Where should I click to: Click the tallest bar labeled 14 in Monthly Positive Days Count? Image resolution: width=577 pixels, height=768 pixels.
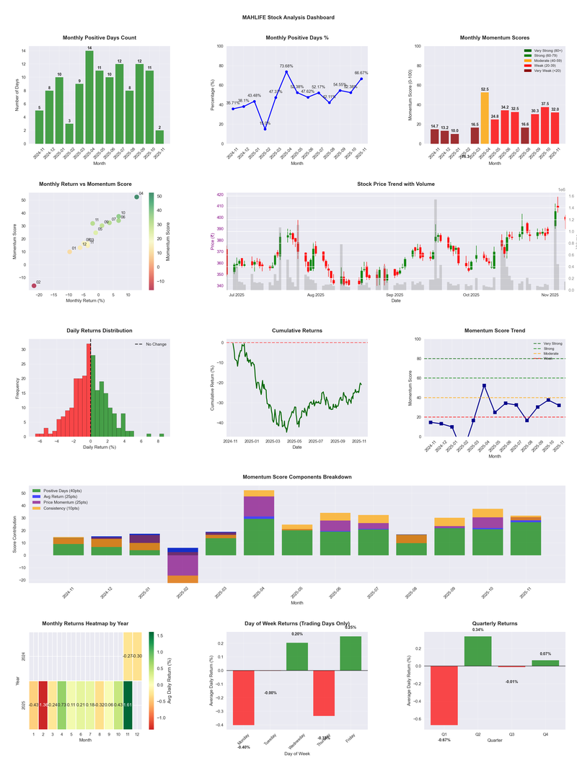[x=89, y=97]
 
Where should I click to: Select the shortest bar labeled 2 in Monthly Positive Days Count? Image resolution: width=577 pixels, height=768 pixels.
[x=159, y=137]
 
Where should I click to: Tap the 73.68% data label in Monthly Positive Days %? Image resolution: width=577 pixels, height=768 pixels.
[x=286, y=66]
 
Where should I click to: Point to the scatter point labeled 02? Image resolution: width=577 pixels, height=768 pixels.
[x=33, y=286]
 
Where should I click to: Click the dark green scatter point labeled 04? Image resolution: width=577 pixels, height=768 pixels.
[x=136, y=197]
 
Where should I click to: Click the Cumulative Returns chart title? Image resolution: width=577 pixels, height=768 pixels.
[x=297, y=331]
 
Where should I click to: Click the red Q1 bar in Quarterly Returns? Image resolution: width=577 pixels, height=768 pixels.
[x=444, y=695]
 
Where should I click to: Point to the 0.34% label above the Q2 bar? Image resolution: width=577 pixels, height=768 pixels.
[x=478, y=630]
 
